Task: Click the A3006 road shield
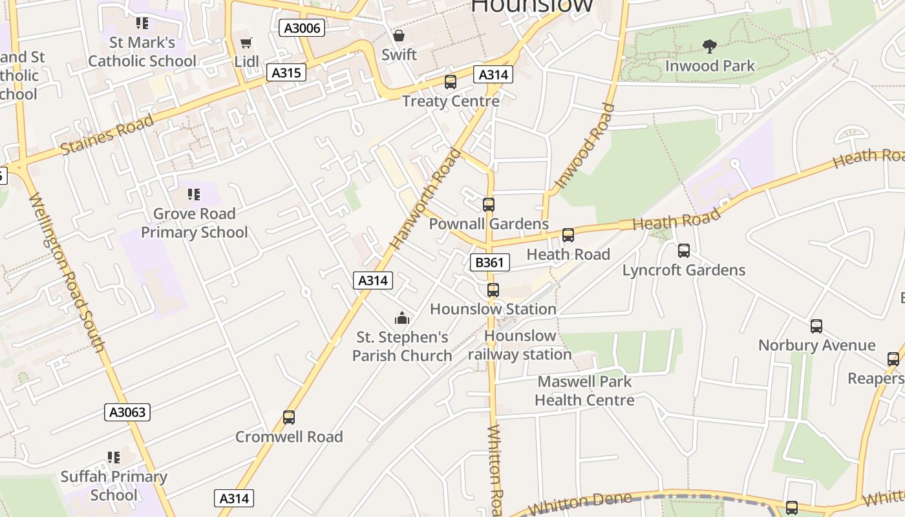[x=302, y=28]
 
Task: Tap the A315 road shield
[x=286, y=72]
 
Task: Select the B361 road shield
[x=489, y=262]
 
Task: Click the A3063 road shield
[x=127, y=412]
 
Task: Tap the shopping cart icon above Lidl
[x=246, y=43]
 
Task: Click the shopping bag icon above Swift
[x=399, y=36]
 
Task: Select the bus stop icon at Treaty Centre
[x=451, y=82]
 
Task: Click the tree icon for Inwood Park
[x=710, y=46]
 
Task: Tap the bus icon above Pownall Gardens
[x=489, y=205]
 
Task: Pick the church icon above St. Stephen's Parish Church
[x=402, y=318]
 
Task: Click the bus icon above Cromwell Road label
[x=289, y=417]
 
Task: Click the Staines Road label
[x=107, y=134]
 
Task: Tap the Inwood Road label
[x=584, y=146]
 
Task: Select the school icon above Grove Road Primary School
[x=194, y=194]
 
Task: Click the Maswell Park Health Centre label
[x=584, y=391]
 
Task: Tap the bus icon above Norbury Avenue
[x=816, y=326]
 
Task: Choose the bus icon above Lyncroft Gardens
[x=684, y=251]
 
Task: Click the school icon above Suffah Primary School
[x=114, y=458]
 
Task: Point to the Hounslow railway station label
[x=520, y=345]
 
